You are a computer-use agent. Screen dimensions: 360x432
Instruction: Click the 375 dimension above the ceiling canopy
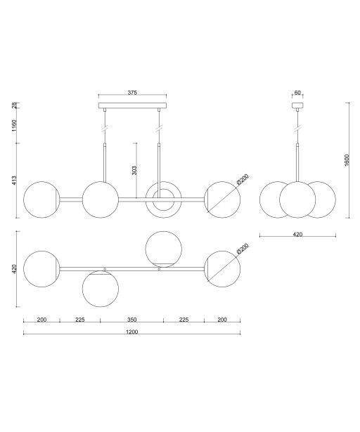132,93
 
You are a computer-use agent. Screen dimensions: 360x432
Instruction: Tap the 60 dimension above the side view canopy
297,93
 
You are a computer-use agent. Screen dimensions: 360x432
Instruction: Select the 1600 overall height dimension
347,160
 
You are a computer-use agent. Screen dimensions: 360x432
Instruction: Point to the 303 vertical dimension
134,171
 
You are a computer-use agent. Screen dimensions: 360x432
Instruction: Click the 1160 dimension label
14,126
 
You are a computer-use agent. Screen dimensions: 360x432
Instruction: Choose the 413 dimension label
14,181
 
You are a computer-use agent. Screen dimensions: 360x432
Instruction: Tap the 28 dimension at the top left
14,105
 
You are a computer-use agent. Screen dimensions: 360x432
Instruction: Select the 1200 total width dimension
132,332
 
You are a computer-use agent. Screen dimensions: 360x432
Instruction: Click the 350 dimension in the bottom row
132,320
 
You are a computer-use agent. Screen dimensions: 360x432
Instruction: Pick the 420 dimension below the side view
297,235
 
